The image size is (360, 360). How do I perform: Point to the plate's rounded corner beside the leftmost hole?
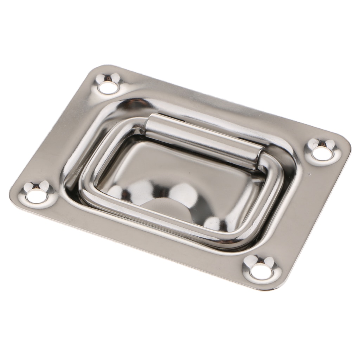(14, 193)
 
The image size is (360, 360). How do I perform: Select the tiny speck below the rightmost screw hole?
(309, 174)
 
